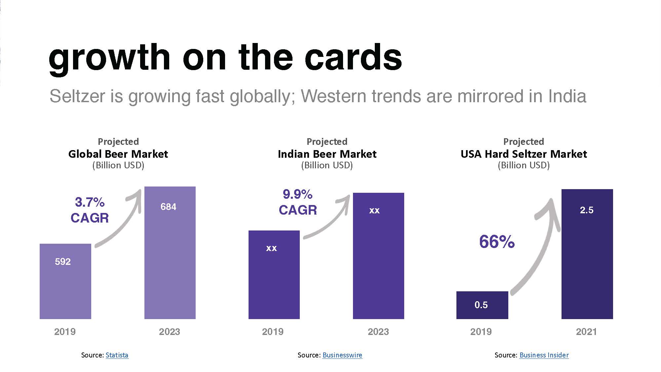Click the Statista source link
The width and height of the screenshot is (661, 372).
(x=117, y=355)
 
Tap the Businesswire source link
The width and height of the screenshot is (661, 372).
(x=342, y=355)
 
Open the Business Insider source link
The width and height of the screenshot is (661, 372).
(x=544, y=355)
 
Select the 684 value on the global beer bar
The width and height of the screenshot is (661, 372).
(x=168, y=207)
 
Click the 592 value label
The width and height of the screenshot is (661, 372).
(x=63, y=262)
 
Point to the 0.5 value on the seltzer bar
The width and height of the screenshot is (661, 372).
(x=481, y=305)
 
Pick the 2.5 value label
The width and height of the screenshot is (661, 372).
(x=587, y=210)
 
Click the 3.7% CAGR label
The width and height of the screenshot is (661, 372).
(x=90, y=210)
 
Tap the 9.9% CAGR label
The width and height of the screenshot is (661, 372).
(x=298, y=202)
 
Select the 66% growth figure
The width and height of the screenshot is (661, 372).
(x=497, y=242)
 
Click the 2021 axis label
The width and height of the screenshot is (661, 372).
(x=586, y=332)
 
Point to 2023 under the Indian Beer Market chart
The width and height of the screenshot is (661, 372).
(x=378, y=332)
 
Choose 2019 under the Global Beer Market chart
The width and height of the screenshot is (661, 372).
(x=65, y=332)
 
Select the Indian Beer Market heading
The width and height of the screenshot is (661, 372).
(x=327, y=154)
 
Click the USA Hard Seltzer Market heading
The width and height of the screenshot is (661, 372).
(x=524, y=154)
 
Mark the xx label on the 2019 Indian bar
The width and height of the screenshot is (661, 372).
(x=271, y=248)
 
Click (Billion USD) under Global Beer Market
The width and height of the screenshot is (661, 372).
(x=118, y=165)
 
